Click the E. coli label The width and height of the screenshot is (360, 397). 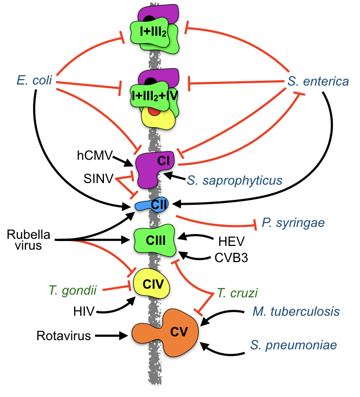tap(34, 82)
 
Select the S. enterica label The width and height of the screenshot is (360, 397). tap(318, 82)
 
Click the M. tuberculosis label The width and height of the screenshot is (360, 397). tap(296, 311)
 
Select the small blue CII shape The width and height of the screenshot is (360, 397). tap(152, 205)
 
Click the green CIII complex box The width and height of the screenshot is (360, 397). tap(155, 239)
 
